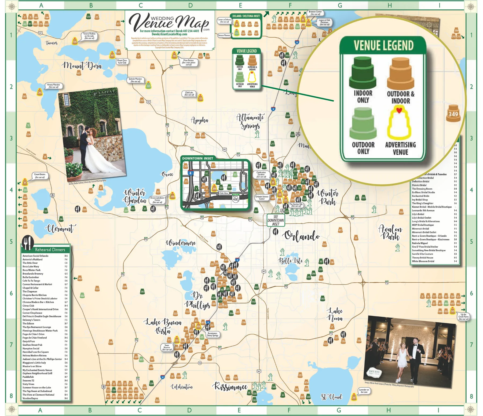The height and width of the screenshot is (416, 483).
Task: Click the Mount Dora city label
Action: [82, 65]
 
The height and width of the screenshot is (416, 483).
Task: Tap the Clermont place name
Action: [60, 229]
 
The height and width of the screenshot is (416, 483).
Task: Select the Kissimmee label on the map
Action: [230, 387]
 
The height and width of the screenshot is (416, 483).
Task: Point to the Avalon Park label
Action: [390, 233]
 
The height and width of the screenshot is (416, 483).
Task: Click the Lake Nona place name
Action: [335, 315]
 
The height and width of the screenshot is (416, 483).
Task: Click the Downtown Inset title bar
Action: [198, 158]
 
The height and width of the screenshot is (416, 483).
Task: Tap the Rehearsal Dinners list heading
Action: [50, 250]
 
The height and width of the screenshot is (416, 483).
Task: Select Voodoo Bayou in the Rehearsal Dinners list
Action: [30, 398]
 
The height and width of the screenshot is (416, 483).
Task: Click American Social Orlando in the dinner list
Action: [35, 256]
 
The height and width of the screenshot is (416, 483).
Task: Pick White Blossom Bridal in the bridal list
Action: [423, 261]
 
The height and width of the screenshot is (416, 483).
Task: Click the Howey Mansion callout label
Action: [53, 86]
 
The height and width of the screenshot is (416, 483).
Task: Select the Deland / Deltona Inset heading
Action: [246, 16]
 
